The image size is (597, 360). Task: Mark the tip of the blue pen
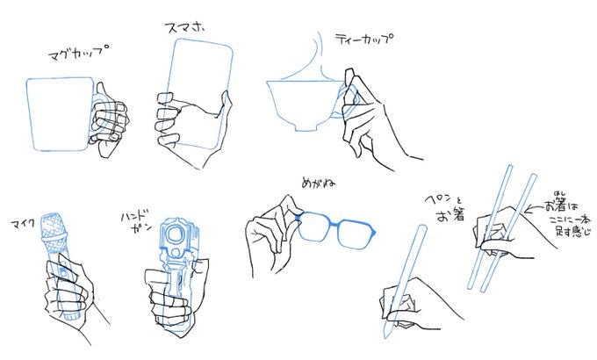tap(385, 337)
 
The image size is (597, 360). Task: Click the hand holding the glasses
tap(268, 237)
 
